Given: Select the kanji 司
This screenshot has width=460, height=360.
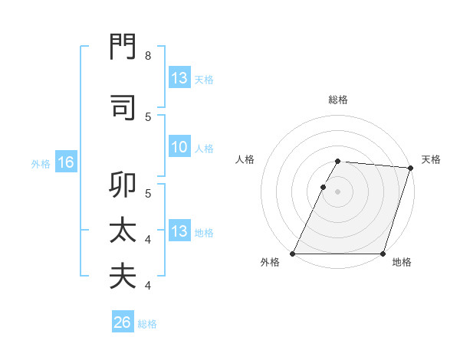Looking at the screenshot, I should [123, 107].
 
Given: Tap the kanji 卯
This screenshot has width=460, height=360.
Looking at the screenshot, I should [123, 186].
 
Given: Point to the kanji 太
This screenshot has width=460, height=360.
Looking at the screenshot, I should [123, 231].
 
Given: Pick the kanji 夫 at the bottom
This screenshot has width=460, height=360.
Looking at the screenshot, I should [123, 276].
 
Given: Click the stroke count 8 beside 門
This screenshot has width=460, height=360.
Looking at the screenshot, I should [147, 56].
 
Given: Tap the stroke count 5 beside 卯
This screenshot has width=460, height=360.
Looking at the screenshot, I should [147, 194].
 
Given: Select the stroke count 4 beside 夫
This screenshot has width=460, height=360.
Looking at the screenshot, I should [147, 285].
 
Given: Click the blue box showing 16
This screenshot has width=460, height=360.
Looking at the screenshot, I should [65, 162].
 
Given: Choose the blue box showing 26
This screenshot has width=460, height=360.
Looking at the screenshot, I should [123, 323].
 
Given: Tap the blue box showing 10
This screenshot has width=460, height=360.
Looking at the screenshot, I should [179, 148].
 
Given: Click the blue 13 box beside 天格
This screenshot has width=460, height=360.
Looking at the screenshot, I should [179, 78].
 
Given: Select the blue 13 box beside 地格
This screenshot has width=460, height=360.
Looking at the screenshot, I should [179, 231].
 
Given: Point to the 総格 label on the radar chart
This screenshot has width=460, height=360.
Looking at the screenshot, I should [338, 100].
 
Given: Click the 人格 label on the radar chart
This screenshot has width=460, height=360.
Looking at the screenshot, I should [245, 159].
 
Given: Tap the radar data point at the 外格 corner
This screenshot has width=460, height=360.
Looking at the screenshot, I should [293, 254].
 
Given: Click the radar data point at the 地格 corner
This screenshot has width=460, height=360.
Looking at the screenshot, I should [383, 254].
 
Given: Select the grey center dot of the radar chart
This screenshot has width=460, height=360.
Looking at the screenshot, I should [338, 191].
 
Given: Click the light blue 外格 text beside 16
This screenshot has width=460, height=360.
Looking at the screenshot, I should [40, 163].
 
